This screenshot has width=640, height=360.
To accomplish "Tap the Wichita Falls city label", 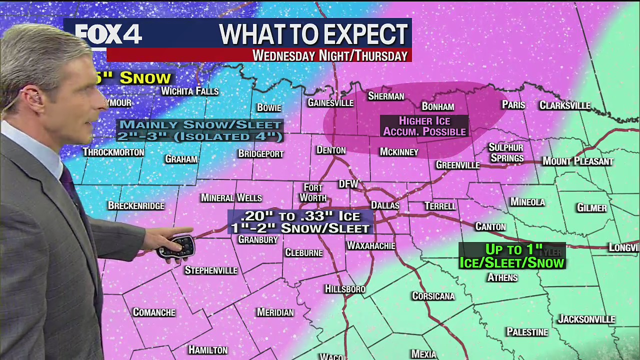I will tap(189, 91).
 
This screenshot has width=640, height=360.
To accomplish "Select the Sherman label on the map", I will tap(385, 96).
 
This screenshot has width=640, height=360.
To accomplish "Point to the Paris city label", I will tap(513, 105).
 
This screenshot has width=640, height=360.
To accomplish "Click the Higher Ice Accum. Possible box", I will tap(424, 126).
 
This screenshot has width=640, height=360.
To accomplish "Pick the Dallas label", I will tap(385, 205).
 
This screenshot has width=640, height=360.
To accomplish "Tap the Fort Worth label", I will tap(313, 192).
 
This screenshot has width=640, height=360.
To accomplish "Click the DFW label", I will tap(348, 184).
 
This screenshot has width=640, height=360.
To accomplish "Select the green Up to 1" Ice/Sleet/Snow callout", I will tap(511, 256).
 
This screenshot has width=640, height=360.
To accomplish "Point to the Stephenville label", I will tap(210, 270).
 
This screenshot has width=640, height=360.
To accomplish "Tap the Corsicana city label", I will tap(433, 296).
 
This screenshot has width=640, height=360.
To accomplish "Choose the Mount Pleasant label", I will tap(577, 161).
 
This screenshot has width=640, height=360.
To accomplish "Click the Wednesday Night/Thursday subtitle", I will tap(330, 55).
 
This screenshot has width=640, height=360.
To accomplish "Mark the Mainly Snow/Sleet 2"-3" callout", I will tap(200, 130).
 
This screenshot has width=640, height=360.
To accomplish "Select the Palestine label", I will tap(527, 332).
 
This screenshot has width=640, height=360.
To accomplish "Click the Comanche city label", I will tap(154, 312).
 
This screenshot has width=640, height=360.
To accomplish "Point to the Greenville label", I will tap(457, 165).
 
